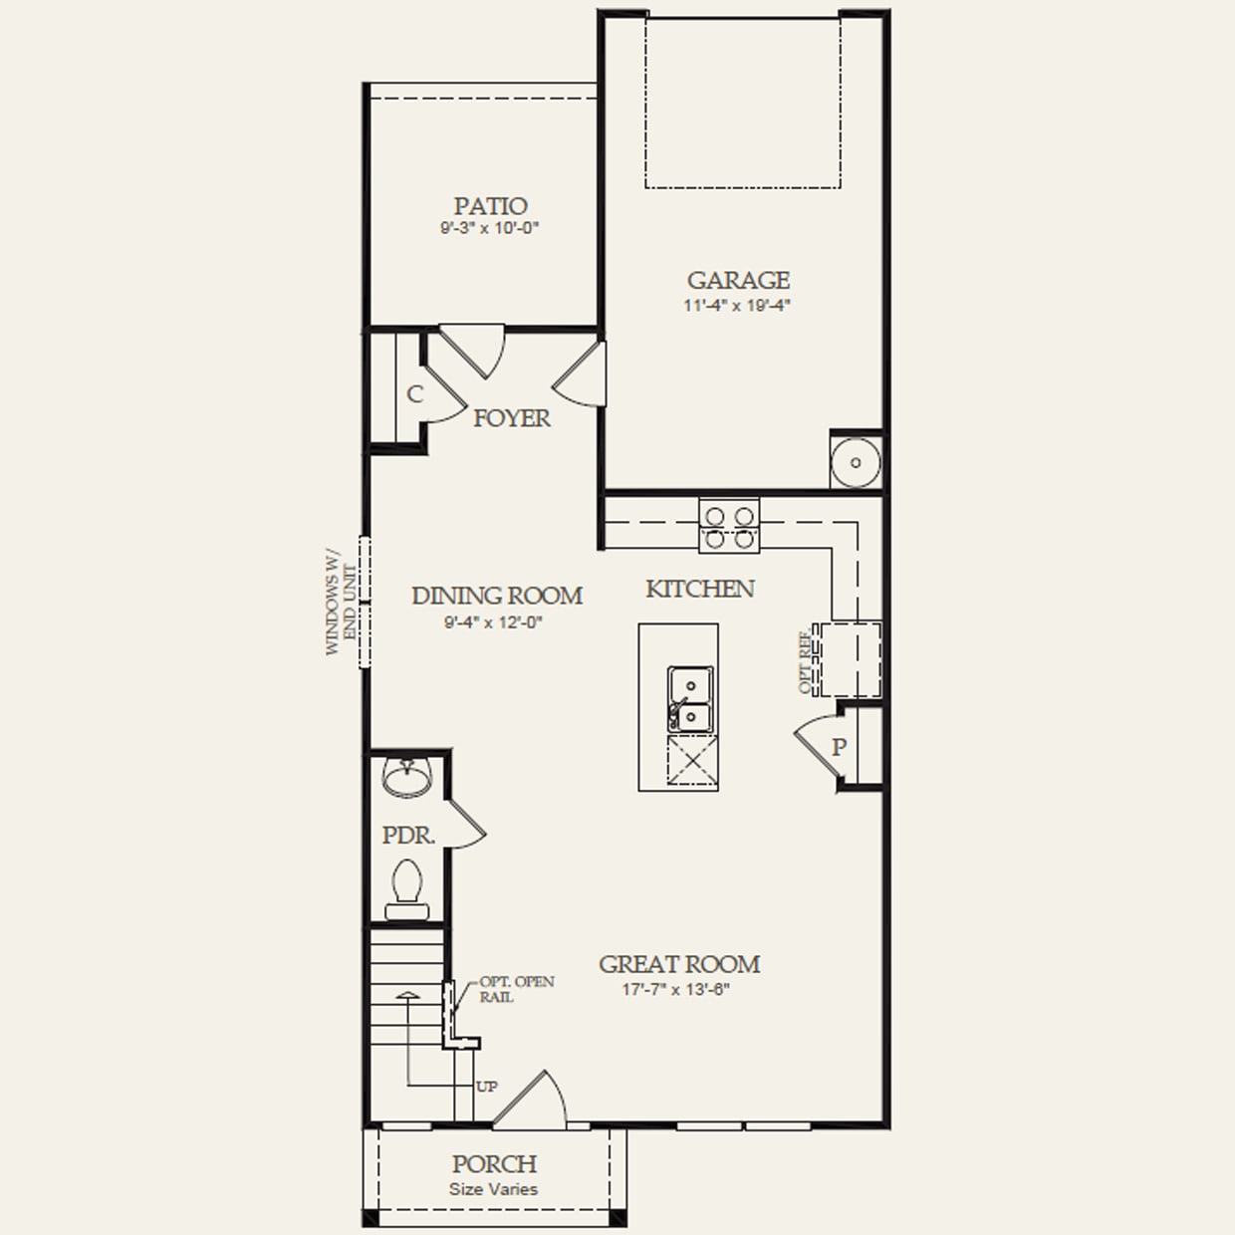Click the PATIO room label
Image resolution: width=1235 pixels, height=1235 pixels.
[490, 206]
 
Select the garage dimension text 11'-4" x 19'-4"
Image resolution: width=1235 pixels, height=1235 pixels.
[737, 306]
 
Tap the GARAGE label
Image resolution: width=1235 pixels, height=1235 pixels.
[738, 281]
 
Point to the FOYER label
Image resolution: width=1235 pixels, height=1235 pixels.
[511, 418]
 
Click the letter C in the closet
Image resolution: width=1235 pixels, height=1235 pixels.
[414, 394]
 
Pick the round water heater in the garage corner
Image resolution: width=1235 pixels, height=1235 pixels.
[856, 462]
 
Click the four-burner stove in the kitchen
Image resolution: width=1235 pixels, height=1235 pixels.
[729, 527]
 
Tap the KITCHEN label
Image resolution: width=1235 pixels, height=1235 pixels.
[699, 590]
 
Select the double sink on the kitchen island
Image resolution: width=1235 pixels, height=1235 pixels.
[689, 699]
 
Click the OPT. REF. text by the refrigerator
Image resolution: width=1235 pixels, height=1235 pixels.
[805, 661]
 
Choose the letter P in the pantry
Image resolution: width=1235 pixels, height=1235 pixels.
[840, 746]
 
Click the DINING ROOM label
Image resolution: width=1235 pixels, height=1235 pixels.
[496, 596]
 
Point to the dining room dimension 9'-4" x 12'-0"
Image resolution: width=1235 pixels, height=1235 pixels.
[494, 623]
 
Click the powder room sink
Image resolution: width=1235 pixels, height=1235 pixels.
[406, 778]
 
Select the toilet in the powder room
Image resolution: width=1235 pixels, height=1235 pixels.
[406, 890]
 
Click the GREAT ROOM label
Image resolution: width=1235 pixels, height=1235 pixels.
[679, 964]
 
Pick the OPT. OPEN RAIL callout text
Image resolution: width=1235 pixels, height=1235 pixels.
[516, 989]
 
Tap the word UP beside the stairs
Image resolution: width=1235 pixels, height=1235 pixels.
[486, 1087]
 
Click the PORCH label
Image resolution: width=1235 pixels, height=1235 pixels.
[494, 1164]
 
